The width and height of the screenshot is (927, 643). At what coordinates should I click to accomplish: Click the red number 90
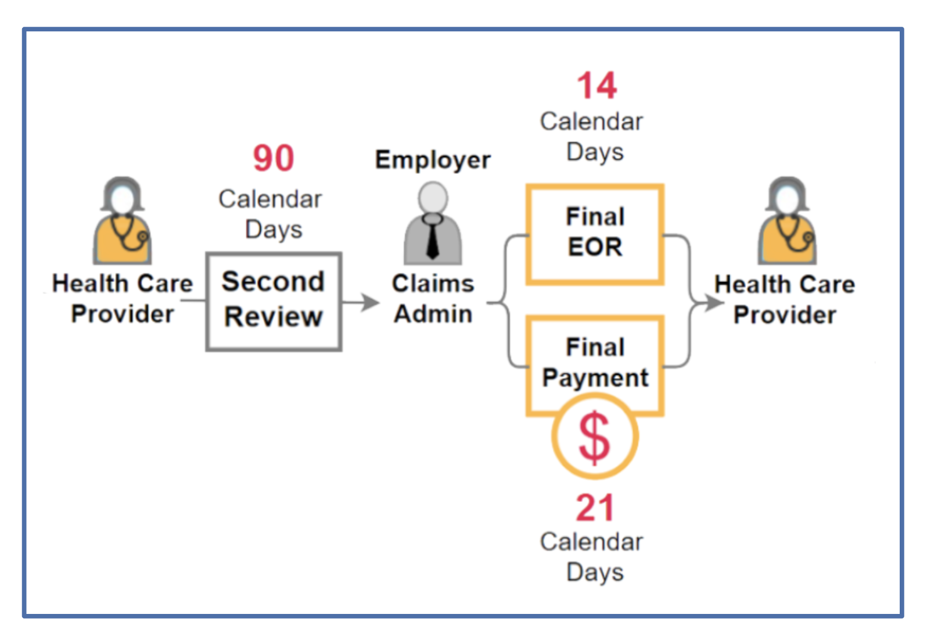274,158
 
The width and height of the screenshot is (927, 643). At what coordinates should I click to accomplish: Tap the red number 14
597,86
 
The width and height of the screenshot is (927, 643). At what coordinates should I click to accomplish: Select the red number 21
595,508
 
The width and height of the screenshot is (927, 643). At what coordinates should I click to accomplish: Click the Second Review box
274,302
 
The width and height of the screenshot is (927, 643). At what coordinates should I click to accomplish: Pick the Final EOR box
595,234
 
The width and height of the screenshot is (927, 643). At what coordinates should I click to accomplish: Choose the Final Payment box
595,363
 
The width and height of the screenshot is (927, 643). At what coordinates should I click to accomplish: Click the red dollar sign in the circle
595,437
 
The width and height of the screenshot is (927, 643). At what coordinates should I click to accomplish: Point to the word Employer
433,160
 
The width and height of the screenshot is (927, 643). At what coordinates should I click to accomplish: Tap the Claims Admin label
433,299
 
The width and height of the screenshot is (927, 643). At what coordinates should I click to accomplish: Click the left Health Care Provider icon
123,222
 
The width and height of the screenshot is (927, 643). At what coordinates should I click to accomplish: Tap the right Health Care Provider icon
787,222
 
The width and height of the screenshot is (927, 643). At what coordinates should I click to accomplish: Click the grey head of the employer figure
433,198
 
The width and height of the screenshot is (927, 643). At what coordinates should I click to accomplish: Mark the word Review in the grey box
274,317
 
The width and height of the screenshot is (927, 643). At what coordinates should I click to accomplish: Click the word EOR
595,247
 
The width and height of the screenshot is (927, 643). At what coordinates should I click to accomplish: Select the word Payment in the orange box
595,378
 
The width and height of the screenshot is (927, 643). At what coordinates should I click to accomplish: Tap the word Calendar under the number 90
270,199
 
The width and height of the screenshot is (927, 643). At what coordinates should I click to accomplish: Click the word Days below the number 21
595,573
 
